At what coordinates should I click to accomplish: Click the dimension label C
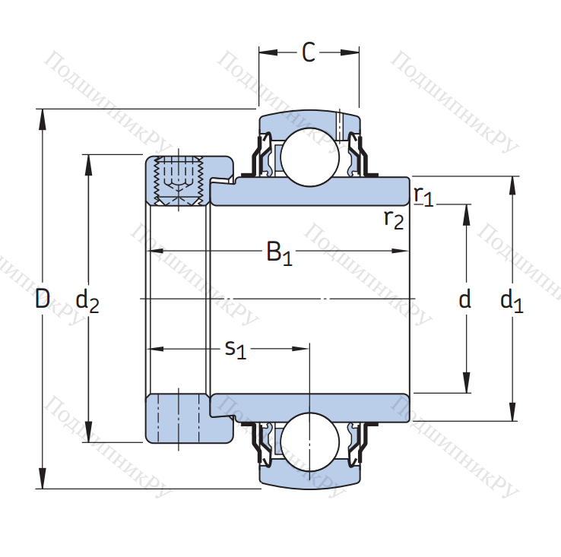coord(309,52)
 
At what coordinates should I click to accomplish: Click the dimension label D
coord(43,299)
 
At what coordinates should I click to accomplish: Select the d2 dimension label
coord(87,301)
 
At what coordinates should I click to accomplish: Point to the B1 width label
coord(280,253)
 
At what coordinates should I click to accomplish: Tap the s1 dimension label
coord(236,350)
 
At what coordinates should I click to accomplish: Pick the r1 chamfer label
coord(423,196)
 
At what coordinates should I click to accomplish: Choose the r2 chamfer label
coord(394,220)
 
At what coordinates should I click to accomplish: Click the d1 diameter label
coord(512,301)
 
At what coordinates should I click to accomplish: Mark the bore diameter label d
coord(464,299)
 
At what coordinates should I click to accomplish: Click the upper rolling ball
coord(310,157)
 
